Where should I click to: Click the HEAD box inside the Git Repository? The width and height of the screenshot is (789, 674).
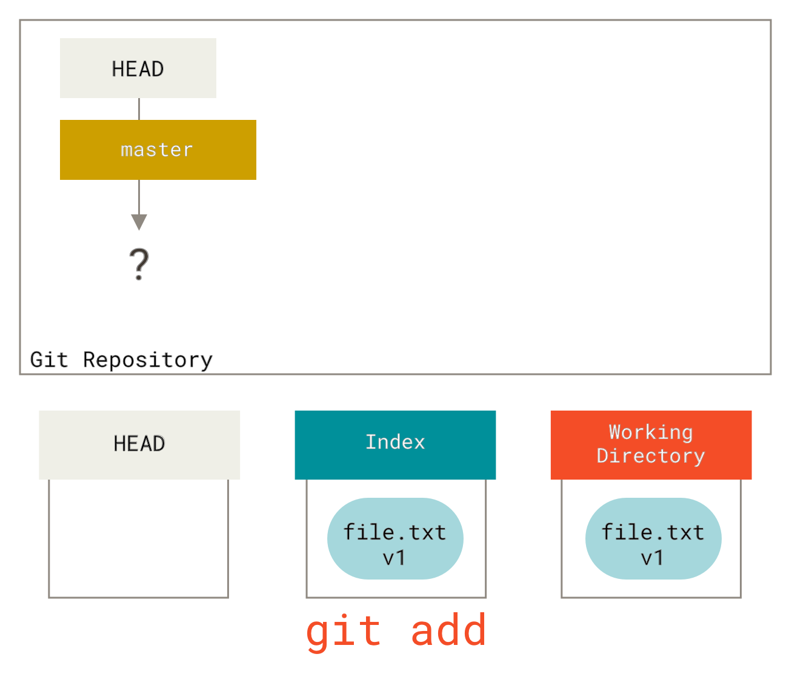pos(138,68)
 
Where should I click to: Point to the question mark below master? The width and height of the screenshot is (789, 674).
pos(139,264)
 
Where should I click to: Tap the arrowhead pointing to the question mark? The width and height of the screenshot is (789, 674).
pos(139,222)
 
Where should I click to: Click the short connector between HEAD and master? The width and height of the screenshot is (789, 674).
pos(139,109)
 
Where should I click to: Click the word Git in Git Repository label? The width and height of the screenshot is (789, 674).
pos(50,360)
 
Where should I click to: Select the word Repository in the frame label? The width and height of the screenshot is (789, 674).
pos(148,360)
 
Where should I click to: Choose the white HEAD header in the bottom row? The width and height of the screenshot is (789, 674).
pos(139,444)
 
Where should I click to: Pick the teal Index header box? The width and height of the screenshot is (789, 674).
pos(395,444)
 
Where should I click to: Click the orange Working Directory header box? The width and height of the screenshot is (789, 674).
pos(651,444)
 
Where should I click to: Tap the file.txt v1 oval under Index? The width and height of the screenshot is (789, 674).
pos(395,538)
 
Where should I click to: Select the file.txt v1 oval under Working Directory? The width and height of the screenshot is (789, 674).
pos(653,538)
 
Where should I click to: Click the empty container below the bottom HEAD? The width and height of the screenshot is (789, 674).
pos(138,538)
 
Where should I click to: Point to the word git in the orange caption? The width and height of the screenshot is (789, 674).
pos(343,632)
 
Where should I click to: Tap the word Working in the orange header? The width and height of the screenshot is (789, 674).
pos(651,432)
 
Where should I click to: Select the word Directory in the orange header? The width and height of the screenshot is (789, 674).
pos(651,456)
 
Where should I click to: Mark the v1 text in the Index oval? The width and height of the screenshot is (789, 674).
pos(394,558)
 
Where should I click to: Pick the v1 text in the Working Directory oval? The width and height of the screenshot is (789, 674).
pos(653,558)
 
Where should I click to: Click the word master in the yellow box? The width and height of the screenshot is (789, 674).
pos(157,150)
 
